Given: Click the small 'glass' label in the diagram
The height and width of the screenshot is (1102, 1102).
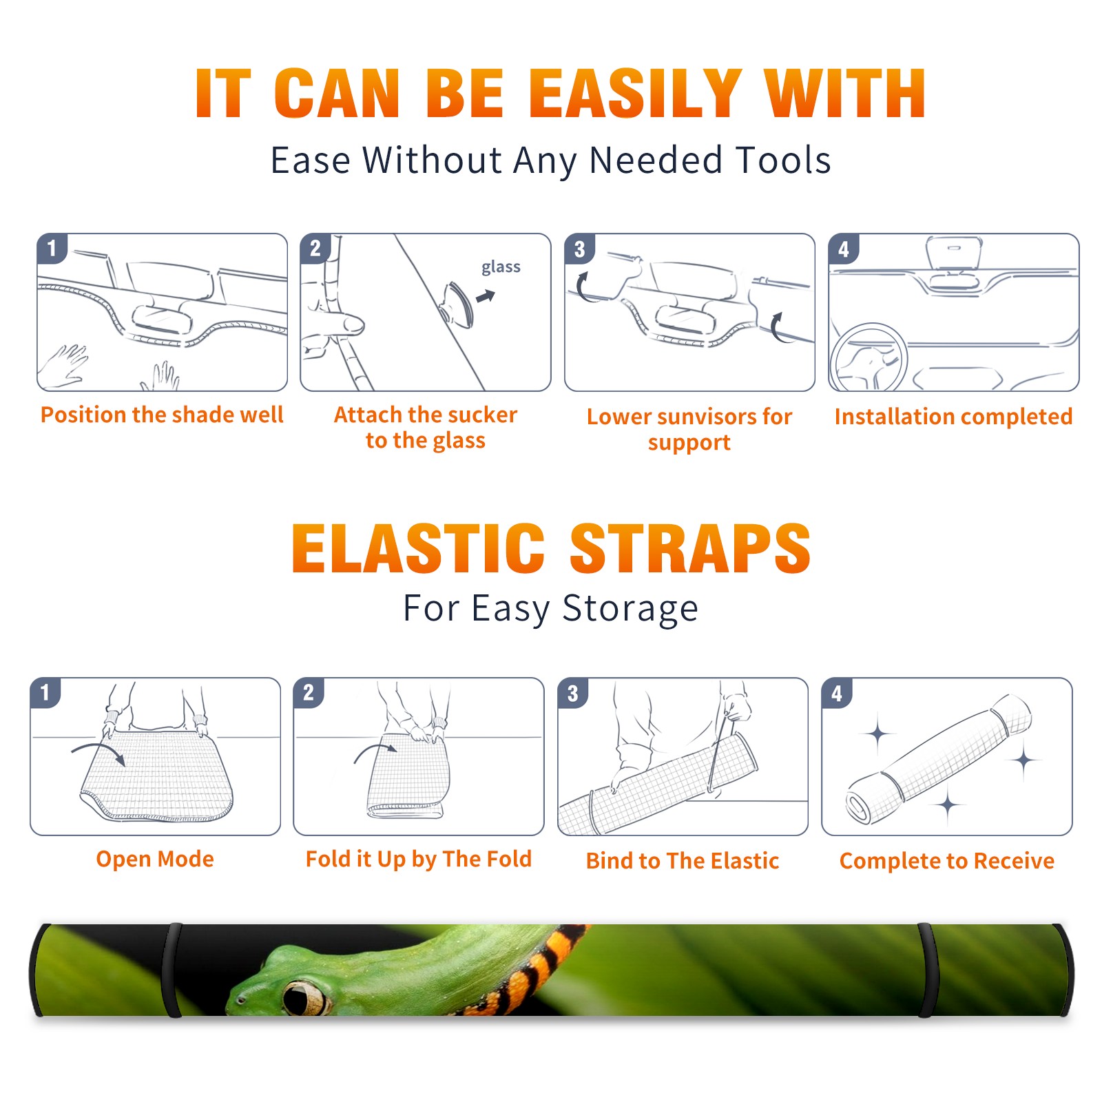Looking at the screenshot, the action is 501,267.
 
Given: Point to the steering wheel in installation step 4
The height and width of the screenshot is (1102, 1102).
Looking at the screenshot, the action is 868,357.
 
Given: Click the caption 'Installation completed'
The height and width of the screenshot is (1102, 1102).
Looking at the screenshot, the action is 953,416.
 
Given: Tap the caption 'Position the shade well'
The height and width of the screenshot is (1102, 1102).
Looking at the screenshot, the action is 162,415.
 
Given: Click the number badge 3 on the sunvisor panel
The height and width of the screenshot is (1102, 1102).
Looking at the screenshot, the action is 579,249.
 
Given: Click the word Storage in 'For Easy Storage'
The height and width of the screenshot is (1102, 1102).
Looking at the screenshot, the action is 630,609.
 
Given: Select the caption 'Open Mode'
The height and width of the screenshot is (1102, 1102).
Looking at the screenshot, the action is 155,859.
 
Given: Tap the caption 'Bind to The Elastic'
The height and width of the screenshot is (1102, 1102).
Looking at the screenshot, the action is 683,861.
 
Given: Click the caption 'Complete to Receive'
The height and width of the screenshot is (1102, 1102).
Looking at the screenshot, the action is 947,861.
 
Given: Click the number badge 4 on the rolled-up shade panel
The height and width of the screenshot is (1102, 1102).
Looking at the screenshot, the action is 837,693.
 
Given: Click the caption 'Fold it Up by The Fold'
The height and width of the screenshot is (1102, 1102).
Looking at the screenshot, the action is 419,859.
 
